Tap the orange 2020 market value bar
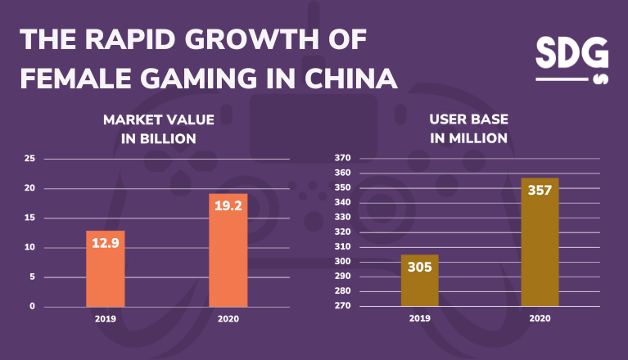click(x=228, y=250)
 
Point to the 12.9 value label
click(x=106, y=243)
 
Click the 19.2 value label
click(x=228, y=207)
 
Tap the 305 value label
click(x=419, y=268)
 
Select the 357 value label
click(x=540, y=191)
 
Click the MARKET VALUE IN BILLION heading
click(x=159, y=129)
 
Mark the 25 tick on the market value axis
click(x=30, y=159)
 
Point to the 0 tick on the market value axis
click(x=33, y=306)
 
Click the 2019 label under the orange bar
click(x=106, y=319)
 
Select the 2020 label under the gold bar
click(x=540, y=319)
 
